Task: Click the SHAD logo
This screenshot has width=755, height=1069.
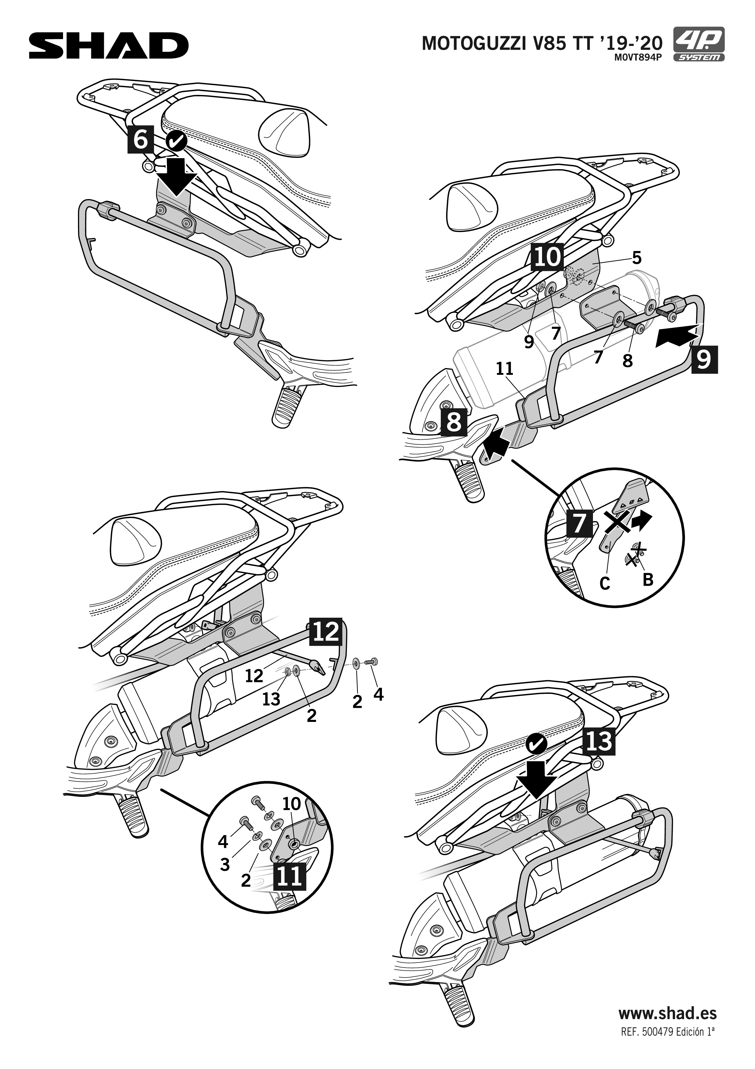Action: [109, 46]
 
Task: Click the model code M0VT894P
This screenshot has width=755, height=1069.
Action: [638, 57]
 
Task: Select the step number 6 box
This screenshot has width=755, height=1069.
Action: [140, 139]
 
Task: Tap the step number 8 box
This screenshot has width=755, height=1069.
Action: [453, 422]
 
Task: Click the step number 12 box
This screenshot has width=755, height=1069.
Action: [325, 632]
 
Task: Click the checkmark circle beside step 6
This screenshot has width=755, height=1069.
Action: [176, 140]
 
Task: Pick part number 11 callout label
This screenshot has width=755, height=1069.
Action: [504, 369]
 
